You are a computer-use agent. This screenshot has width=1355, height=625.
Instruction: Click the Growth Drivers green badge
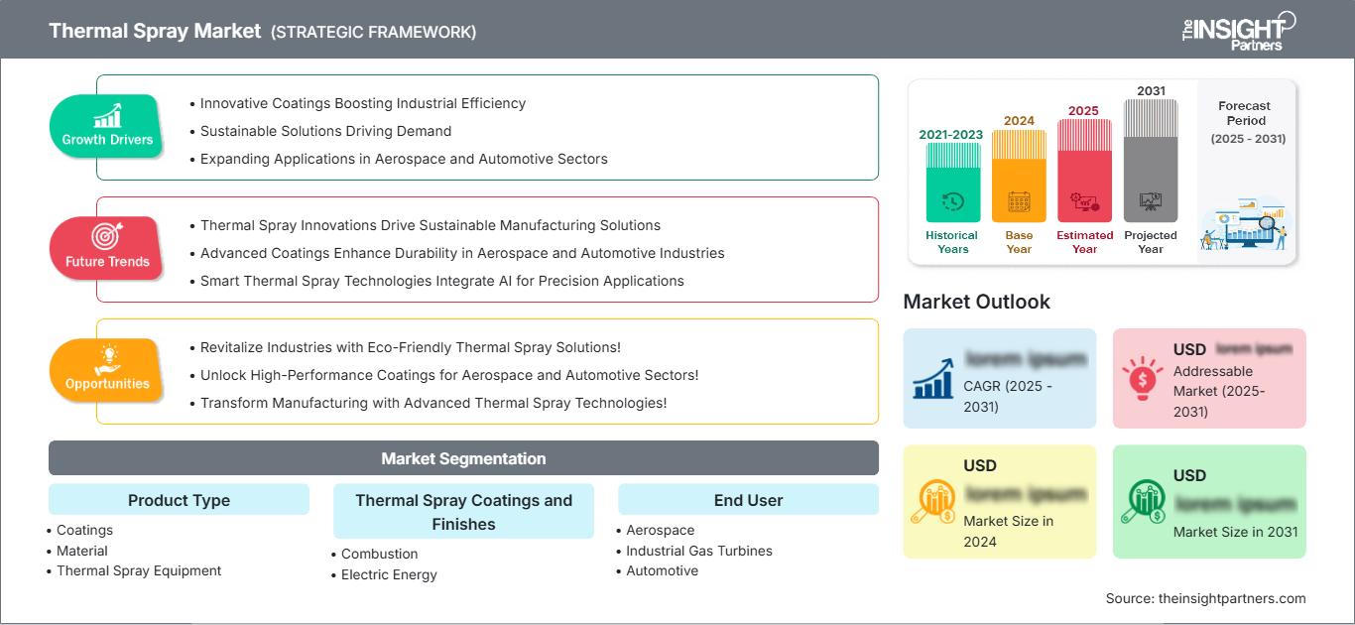click(x=107, y=126)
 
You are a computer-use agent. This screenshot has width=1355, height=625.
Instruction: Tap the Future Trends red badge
click(x=107, y=248)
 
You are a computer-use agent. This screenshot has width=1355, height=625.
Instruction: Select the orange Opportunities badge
click(x=107, y=370)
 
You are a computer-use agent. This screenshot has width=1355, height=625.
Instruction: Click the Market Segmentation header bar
click(x=463, y=458)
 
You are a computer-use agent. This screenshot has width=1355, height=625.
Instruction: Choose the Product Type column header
click(x=179, y=500)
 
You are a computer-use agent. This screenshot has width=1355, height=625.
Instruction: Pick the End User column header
click(x=748, y=500)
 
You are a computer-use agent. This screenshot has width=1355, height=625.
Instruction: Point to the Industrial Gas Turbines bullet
click(x=698, y=551)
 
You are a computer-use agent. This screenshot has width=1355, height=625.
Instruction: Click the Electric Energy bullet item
click(x=389, y=574)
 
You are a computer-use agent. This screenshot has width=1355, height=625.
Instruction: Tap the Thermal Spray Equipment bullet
click(x=139, y=570)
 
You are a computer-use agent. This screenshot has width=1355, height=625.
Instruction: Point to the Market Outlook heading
click(x=976, y=302)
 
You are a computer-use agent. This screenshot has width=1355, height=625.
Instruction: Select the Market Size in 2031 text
click(x=1235, y=532)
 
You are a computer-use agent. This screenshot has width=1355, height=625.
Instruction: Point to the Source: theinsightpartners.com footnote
click(x=1205, y=598)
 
